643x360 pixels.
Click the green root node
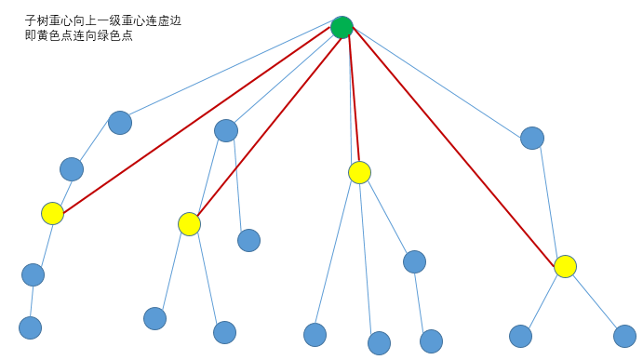[x=342, y=27]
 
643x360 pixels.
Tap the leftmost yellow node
[x=53, y=213]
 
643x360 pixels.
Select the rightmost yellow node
[x=565, y=266]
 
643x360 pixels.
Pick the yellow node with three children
[x=359, y=172]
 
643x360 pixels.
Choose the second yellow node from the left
[x=189, y=224]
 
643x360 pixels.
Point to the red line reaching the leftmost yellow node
[x=195, y=121]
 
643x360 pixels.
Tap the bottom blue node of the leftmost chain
[x=31, y=327]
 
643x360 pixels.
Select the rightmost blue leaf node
[x=625, y=336]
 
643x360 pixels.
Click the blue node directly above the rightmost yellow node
[x=532, y=138]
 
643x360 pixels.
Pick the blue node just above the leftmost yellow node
[x=72, y=168]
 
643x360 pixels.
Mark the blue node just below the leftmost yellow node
[x=33, y=274]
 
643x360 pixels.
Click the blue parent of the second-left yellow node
[x=226, y=130]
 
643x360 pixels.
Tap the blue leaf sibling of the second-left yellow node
[x=248, y=240]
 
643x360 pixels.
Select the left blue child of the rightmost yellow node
[x=521, y=336]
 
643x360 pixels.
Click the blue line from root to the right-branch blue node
[x=437, y=83]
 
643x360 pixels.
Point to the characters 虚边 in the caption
[x=169, y=20]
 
